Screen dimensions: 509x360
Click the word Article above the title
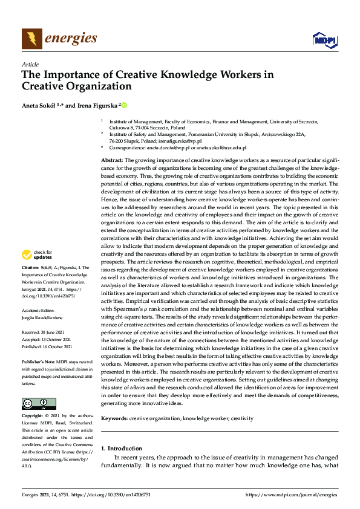pyautogui.click(x=30, y=64)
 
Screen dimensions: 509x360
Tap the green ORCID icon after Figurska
pyautogui.click(x=124, y=105)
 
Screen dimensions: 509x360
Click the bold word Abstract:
pyautogui.click(x=112, y=158)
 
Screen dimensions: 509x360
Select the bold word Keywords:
pyautogui.click(x=114, y=418)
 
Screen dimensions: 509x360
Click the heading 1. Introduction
pyautogui.click(x=121, y=449)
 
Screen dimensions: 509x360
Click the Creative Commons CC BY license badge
pyautogui.click(x=39, y=404)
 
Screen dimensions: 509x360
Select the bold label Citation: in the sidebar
pyautogui.click(x=30, y=267)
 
